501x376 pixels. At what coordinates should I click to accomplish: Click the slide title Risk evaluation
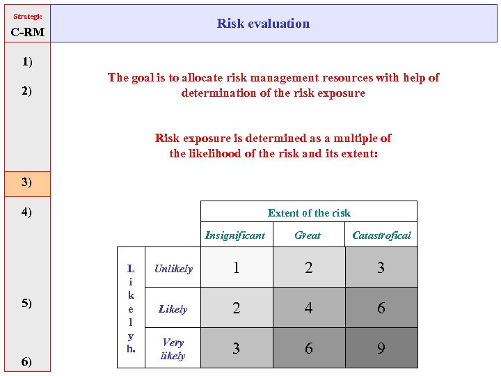point(263,24)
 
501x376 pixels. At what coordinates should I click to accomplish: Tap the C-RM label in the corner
point(28,32)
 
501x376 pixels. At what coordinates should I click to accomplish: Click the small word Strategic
point(28,16)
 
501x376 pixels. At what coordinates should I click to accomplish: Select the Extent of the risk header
point(309,213)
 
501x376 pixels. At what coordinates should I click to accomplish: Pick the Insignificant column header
point(235,235)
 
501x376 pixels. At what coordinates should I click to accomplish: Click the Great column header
point(308,235)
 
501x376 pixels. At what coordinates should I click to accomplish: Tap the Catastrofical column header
point(381,235)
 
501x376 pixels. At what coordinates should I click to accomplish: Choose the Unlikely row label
point(173,269)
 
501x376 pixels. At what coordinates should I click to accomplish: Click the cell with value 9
point(381,348)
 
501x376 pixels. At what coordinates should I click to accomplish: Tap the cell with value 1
point(237,268)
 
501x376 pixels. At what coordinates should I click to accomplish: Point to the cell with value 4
point(308,308)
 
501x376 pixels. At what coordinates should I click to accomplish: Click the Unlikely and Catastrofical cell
point(381,268)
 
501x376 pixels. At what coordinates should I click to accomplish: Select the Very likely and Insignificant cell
point(237,348)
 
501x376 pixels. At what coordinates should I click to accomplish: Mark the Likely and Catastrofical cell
point(381,308)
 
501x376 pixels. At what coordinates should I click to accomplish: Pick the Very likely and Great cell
point(308,348)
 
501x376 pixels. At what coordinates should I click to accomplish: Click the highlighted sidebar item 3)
point(26,182)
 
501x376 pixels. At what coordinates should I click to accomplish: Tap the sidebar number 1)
point(26,62)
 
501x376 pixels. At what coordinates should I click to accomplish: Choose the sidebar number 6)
point(26,361)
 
